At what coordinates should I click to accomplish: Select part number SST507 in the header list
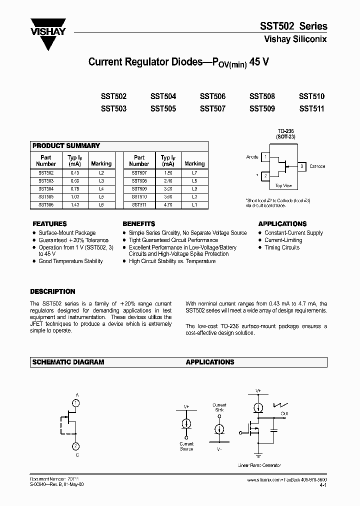(212, 108)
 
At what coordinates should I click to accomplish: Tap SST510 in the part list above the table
(311, 96)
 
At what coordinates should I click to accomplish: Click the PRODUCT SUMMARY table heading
(66, 145)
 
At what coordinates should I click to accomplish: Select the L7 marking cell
(194, 172)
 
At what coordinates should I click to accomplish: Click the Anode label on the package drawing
(252, 157)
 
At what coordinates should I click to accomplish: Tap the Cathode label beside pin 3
(317, 166)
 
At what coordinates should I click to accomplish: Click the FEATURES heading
(49, 224)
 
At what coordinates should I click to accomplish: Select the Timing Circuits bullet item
(282, 247)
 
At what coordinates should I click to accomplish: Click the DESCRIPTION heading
(52, 291)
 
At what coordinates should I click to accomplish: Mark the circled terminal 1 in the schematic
(75, 402)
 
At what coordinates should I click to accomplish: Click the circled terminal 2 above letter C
(75, 446)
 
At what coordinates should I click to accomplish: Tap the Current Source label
(186, 446)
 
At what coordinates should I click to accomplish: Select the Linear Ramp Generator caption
(259, 465)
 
